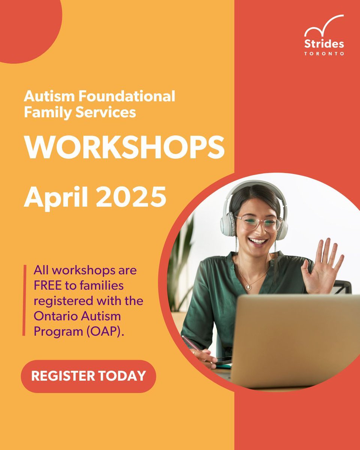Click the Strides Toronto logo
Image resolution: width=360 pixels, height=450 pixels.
click(x=324, y=35)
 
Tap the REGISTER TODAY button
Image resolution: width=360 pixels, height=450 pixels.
click(x=88, y=376)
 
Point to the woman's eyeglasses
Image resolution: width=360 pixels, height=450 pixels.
click(x=258, y=223)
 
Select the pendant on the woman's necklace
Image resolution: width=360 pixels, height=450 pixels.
click(x=248, y=287)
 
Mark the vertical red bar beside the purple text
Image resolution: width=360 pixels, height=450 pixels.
click(x=25, y=300)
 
